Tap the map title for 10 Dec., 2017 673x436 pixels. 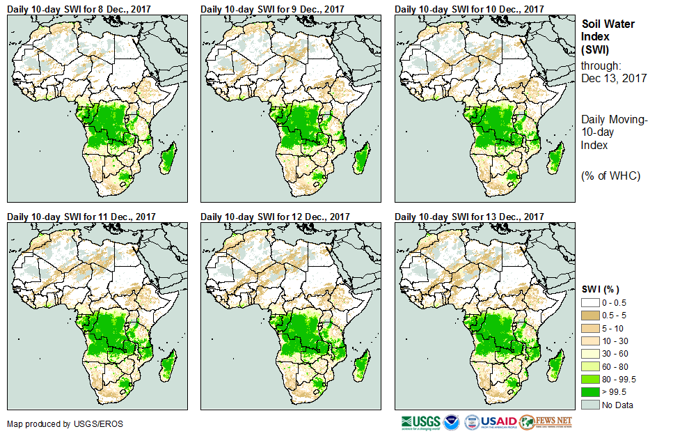(x=469, y=9)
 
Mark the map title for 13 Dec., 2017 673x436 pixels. (x=469, y=217)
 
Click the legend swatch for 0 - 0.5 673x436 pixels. (x=590, y=303)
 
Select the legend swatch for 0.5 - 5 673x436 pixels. (x=590, y=315)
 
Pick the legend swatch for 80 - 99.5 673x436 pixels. (x=590, y=380)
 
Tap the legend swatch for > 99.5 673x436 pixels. (x=590, y=392)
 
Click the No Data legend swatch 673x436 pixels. (x=590, y=405)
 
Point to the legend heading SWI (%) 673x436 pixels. (x=601, y=289)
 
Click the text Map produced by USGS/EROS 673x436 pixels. (x=55, y=423)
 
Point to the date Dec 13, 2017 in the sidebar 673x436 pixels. (x=614, y=78)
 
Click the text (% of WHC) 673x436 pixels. (x=610, y=176)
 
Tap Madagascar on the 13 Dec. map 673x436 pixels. (x=555, y=364)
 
